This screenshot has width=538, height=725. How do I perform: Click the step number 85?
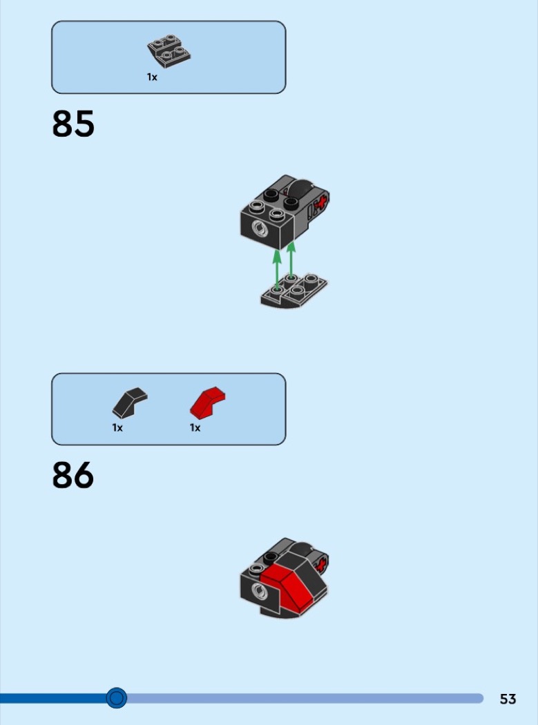click(x=73, y=124)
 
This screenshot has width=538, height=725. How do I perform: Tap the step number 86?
click(x=73, y=476)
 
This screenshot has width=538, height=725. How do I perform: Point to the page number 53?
click(x=508, y=699)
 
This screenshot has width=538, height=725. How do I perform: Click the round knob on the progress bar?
click(x=117, y=698)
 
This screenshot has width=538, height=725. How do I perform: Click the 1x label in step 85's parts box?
click(x=152, y=77)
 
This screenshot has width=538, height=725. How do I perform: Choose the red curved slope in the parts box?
click(x=208, y=403)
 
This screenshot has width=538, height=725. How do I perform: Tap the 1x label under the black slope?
click(x=117, y=428)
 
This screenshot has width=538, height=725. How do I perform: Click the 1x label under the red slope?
click(x=195, y=428)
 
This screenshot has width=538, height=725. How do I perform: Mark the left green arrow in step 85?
click(x=277, y=269)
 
